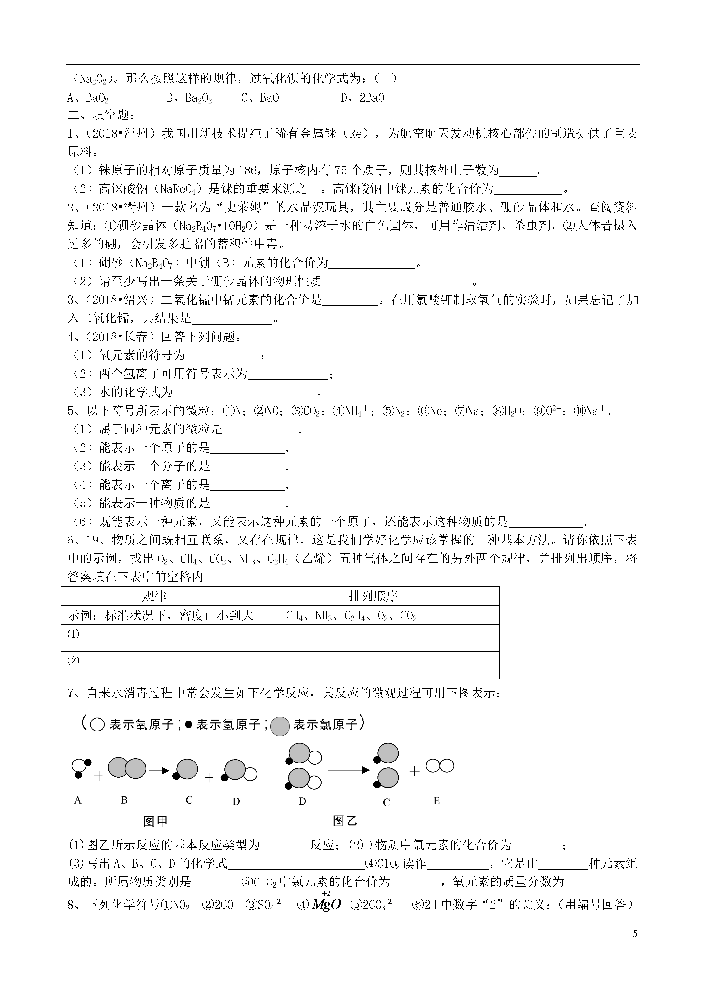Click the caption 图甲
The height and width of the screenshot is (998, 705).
click(155, 821)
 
